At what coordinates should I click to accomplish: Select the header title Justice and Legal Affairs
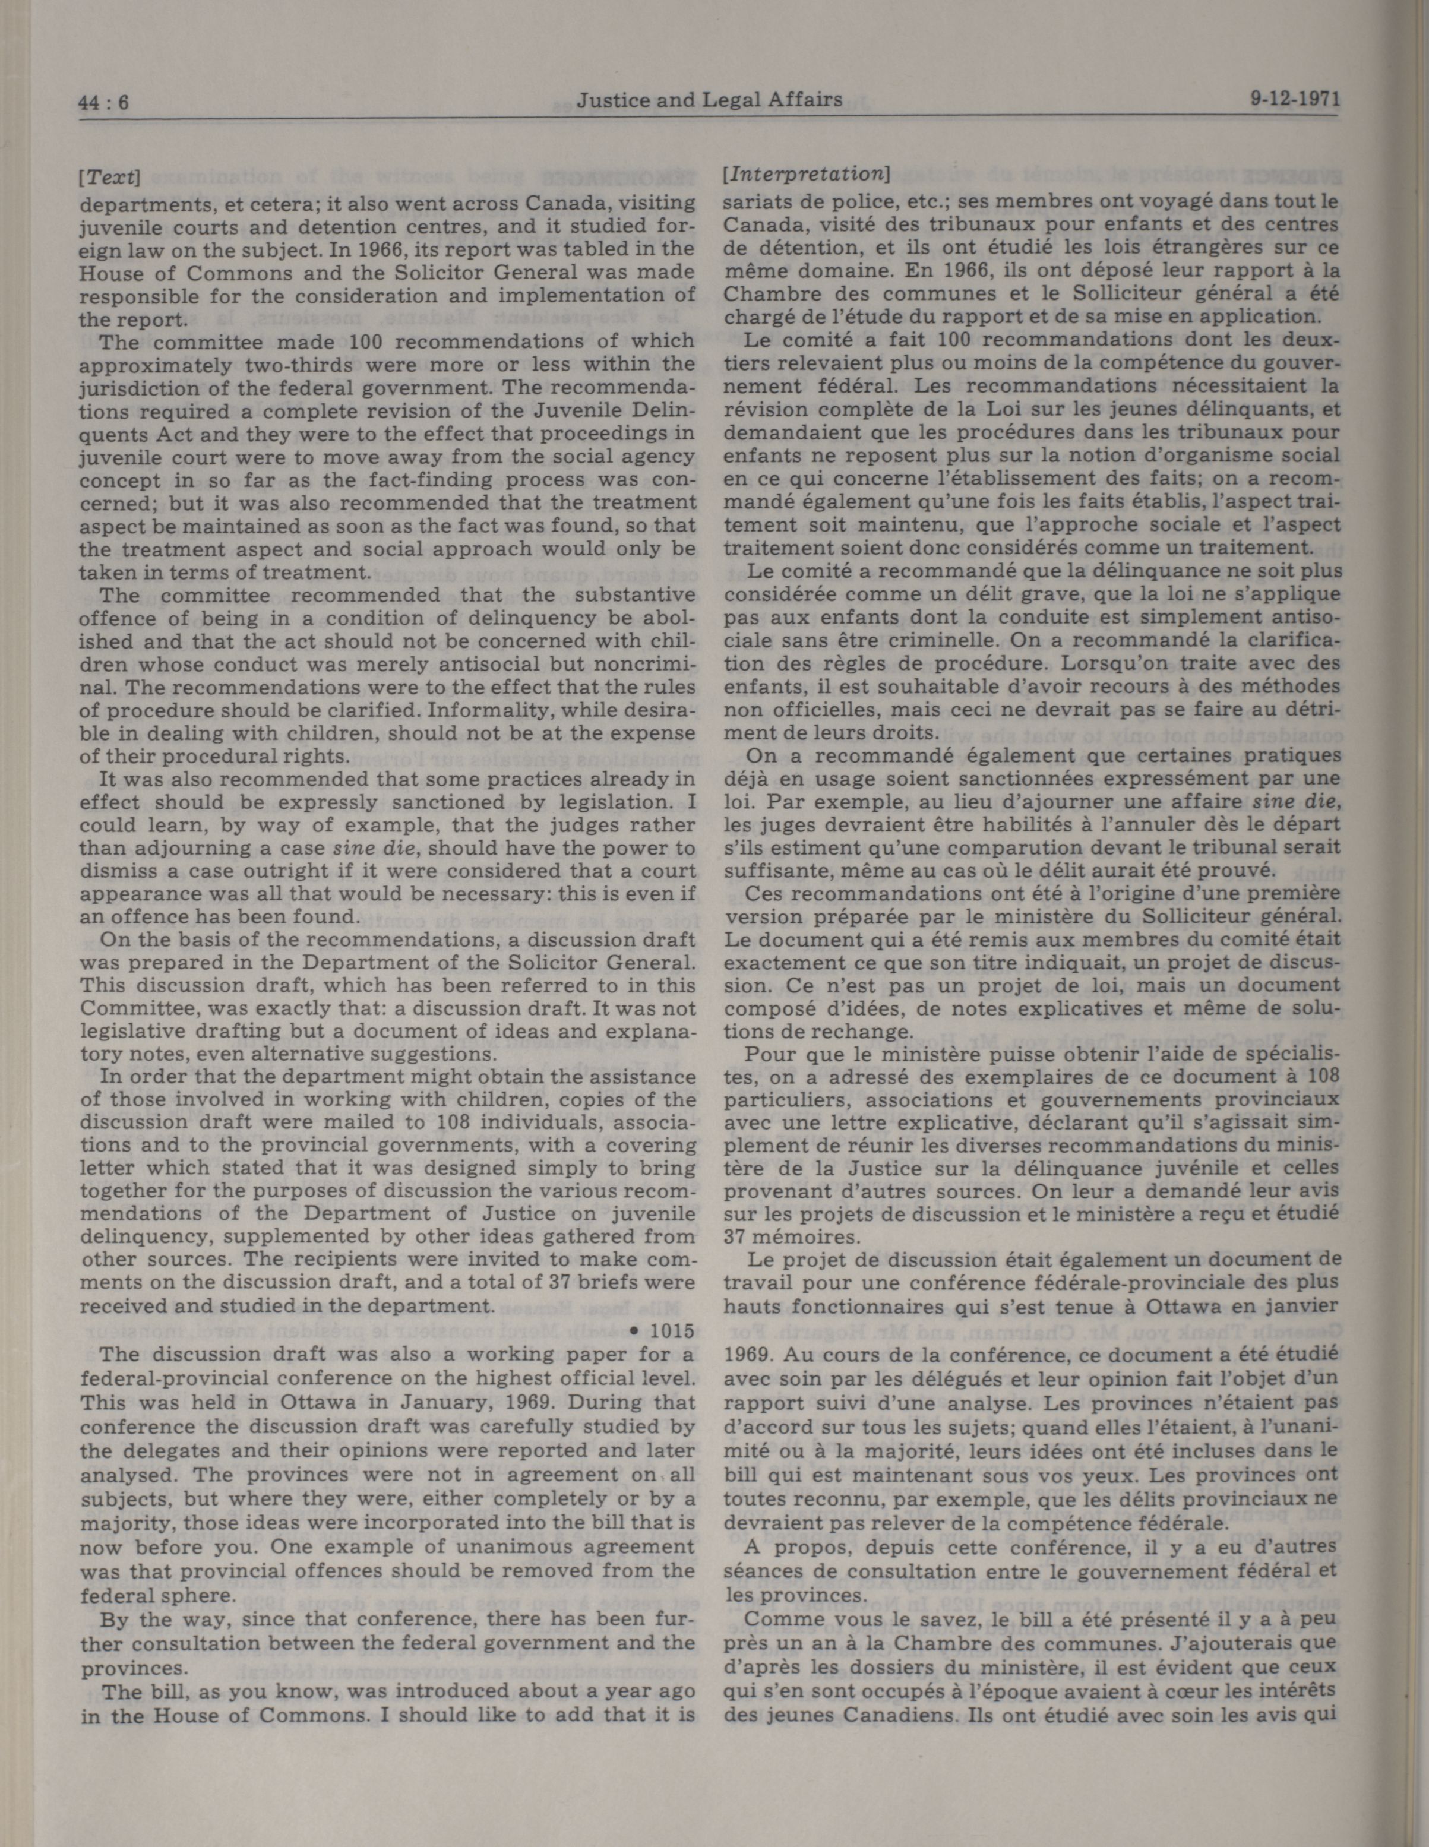(x=709, y=100)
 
